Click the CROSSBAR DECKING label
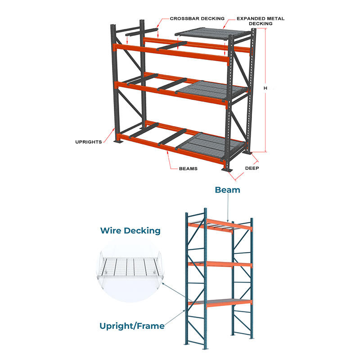tap(197, 18)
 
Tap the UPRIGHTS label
tap(89, 142)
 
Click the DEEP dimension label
tap(252, 168)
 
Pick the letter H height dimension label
tap(265, 89)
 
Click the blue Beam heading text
tap(227, 190)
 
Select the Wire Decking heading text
tap(130, 231)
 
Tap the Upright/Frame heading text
tap(131, 326)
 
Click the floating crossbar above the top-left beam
tap(142, 31)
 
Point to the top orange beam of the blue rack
tap(220, 226)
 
